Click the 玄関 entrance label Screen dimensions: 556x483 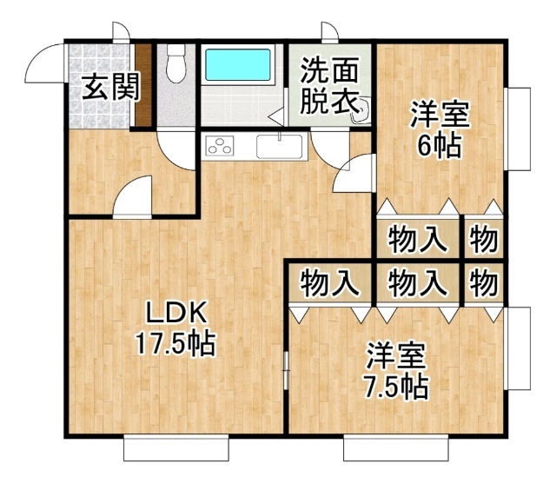(x=110, y=87)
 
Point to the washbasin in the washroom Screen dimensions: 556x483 (x=360, y=111)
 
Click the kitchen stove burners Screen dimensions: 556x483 (x=220, y=145)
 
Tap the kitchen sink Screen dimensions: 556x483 (x=280, y=147)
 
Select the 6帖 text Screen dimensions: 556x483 (x=440, y=146)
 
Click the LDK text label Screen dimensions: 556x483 (x=176, y=312)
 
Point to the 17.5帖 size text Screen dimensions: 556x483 (x=175, y=344)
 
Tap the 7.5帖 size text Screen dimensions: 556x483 (x=396, y=387)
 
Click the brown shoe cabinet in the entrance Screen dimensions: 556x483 (x=143, y=85)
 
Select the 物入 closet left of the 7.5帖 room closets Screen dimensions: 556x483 (x=330, y=284)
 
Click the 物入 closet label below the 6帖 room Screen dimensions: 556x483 (x=418, y=240)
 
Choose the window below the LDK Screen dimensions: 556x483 (x=176, y=448)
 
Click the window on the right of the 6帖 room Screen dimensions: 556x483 (x=519, y=129)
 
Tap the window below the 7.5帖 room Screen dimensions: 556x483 (x=396, y=448)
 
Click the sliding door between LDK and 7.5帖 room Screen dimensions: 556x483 (x=286, y=371)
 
